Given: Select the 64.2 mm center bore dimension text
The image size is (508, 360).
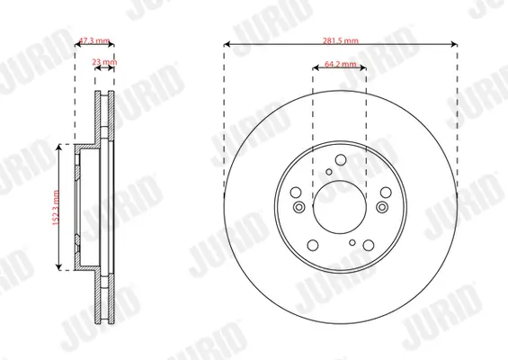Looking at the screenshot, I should point(340,66).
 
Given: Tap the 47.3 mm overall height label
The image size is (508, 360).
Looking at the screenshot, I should point(94,40).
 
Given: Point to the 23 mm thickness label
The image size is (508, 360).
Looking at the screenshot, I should point(105,62).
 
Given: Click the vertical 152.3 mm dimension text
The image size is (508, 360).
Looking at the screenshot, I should point(57,206).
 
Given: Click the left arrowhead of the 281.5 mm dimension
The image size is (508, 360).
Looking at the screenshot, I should point(226,45).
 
